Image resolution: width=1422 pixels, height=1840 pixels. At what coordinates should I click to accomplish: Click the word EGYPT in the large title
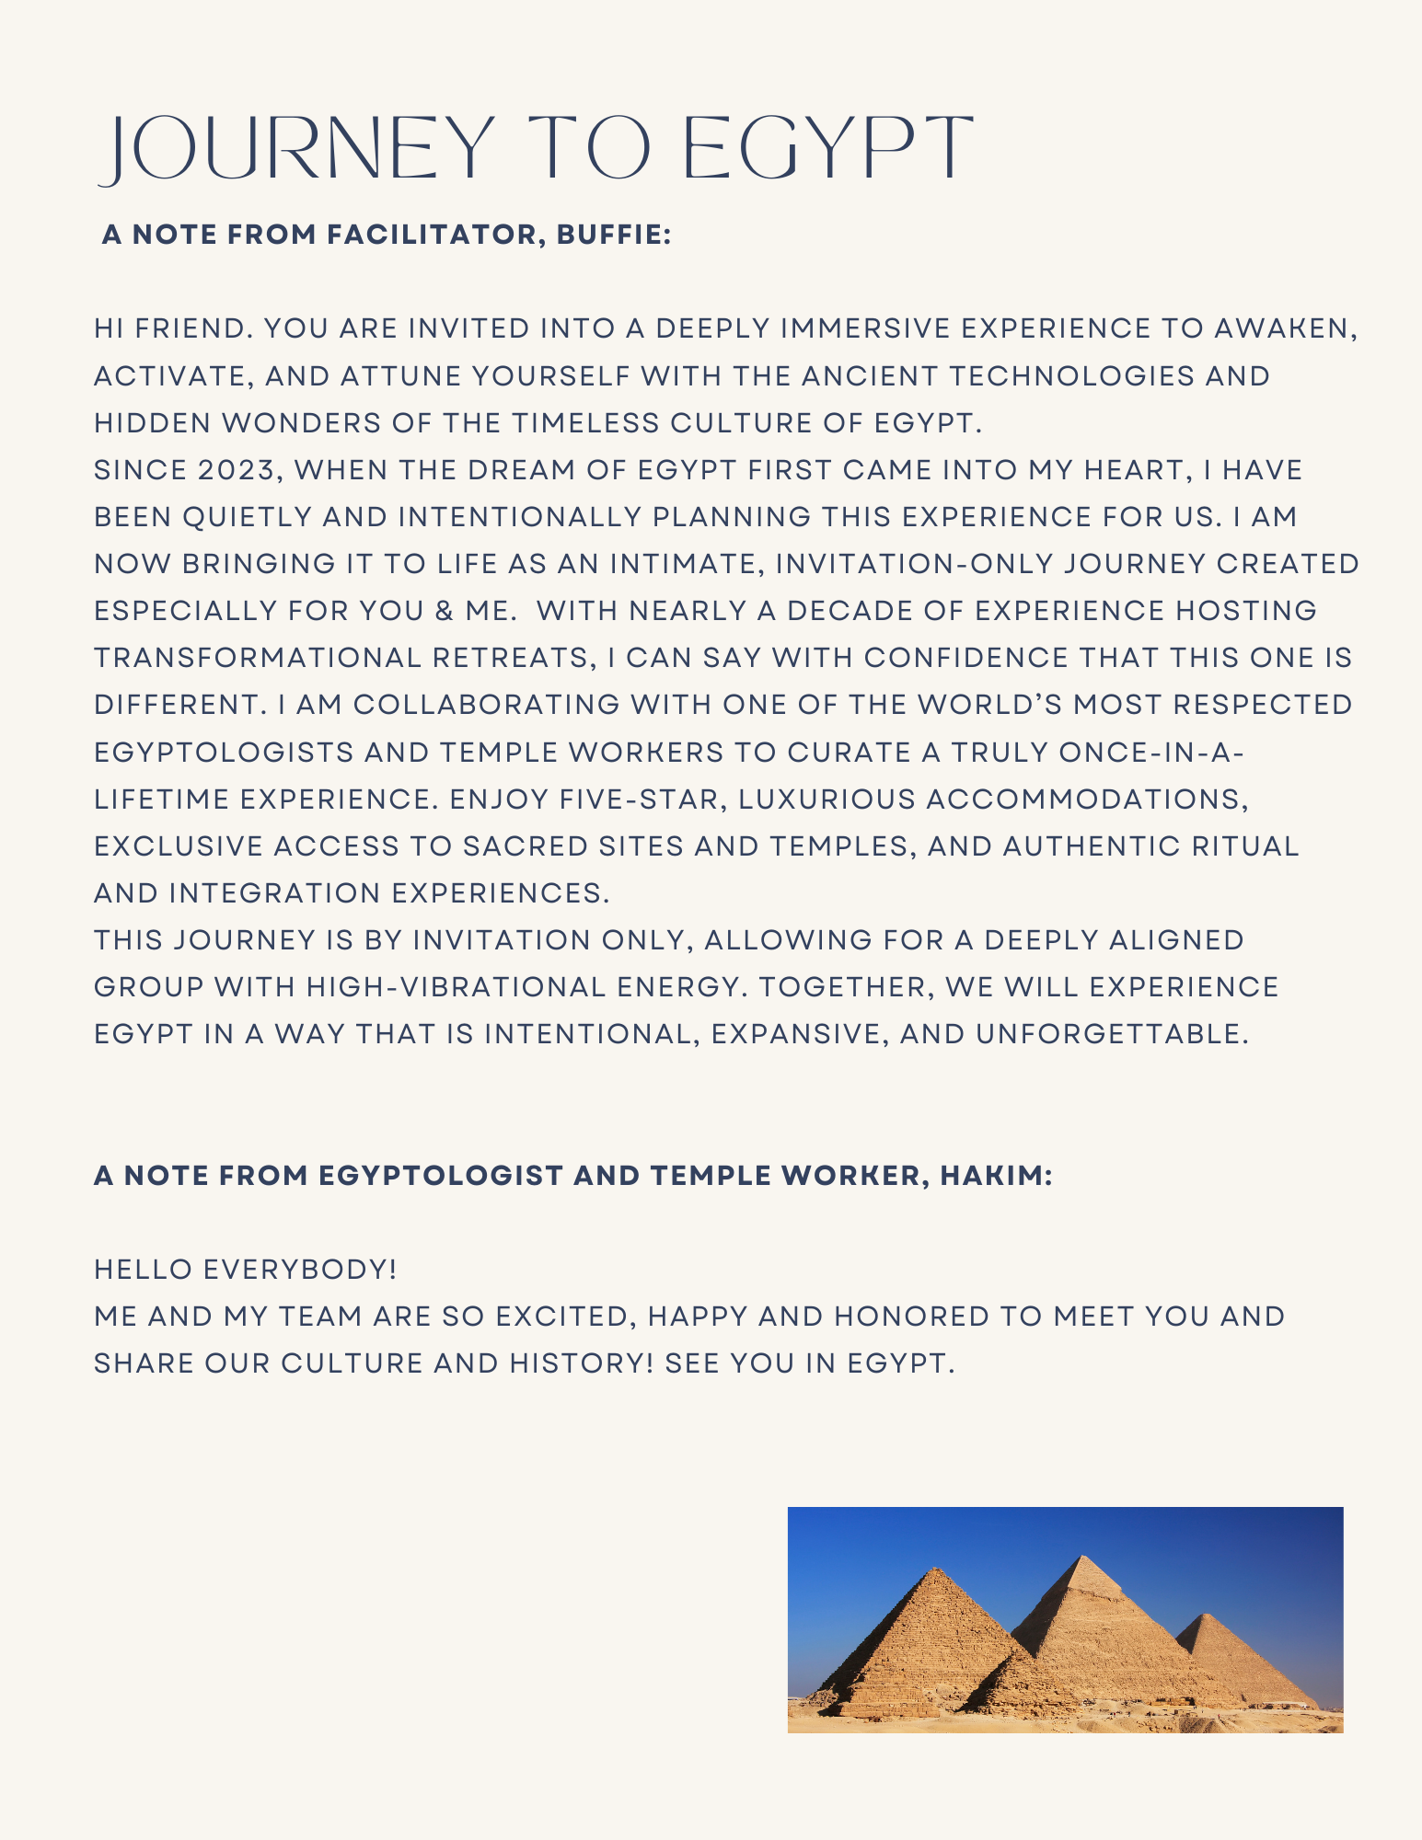click(x=828, y=149)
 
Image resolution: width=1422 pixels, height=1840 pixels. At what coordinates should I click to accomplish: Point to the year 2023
click(x=236, y=470)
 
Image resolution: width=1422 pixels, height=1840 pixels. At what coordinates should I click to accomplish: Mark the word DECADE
click(x=844, y=612)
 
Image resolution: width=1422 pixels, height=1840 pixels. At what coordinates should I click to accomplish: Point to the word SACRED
click(x=525, y=846)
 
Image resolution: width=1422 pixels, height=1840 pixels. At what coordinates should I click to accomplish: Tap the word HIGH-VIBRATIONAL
click(x=457, y=988)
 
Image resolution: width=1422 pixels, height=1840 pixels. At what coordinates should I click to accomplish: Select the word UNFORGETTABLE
click(x=1111, y=1035)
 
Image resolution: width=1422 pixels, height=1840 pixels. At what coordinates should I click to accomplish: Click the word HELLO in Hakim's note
click(x=143, y=1271)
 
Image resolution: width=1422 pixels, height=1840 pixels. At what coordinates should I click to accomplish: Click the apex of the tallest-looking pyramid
click(x=1084, y=1557)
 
